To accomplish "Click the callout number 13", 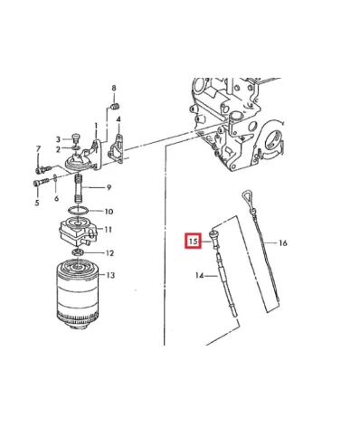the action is (x=110, y=275).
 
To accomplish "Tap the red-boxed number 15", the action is (x=194, y=242).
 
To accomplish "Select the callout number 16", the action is (x=282, y=242).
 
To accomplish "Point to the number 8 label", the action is (x=114, y=88).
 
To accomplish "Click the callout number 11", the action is (x=108, y=230).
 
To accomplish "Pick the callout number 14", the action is (x=200, y=275).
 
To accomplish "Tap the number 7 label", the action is (x=38, y=149).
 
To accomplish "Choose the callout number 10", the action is (x=109, y=212).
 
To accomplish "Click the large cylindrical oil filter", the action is (x=78, y=294).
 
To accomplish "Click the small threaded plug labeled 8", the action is (x=115, y=107).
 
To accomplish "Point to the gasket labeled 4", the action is (x=116, y=149).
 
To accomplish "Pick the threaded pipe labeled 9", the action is (x=78, y=189).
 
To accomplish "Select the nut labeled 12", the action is (x=78, y=252).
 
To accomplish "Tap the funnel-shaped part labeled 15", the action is (x=214, y=239).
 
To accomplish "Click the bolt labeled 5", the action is (x=41, y=182).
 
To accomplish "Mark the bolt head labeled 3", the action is (x=76, y=138).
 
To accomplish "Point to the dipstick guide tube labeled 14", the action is (x=226, y=285).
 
